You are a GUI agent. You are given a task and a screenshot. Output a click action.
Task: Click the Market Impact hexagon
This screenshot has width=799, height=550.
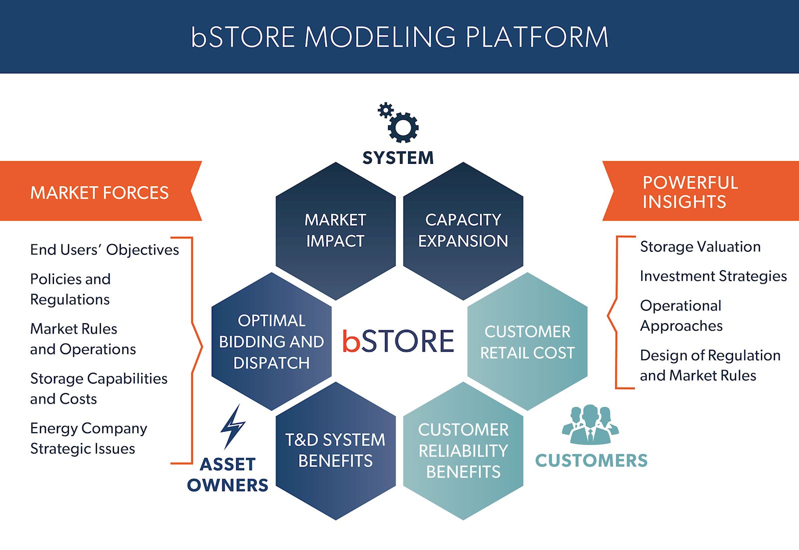(336, 231)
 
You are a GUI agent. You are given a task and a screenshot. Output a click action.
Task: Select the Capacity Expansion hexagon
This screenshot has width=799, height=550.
(463, 231)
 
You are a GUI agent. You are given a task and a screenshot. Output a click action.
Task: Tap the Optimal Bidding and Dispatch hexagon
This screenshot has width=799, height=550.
(271, 342)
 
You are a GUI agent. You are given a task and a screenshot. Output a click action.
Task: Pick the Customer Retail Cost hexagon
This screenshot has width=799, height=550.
(527, 342)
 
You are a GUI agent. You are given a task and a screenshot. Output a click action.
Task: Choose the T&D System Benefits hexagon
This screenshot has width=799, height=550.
(336, 451)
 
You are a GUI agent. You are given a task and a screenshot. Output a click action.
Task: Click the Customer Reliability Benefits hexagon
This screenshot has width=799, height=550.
(463, 451)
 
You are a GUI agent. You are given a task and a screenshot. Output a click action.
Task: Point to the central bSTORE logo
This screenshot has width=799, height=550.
(399, 341)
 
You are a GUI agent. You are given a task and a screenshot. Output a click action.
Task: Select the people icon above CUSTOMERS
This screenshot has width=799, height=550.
(590, 425)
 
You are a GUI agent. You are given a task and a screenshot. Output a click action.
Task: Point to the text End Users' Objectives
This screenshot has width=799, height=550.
(104, 250)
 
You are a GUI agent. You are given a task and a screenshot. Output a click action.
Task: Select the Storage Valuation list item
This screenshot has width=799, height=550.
(700, 247)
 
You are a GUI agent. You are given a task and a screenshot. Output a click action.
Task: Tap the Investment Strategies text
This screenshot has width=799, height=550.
(713, 276)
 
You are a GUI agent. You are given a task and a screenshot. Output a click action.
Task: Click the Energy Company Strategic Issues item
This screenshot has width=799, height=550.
(88, 439)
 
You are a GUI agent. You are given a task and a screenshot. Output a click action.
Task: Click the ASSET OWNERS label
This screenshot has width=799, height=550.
(228, 475)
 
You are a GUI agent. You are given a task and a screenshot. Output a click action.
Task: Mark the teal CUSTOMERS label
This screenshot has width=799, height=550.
(591, 461)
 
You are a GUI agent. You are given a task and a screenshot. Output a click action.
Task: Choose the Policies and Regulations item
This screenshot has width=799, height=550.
(70, 289)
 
